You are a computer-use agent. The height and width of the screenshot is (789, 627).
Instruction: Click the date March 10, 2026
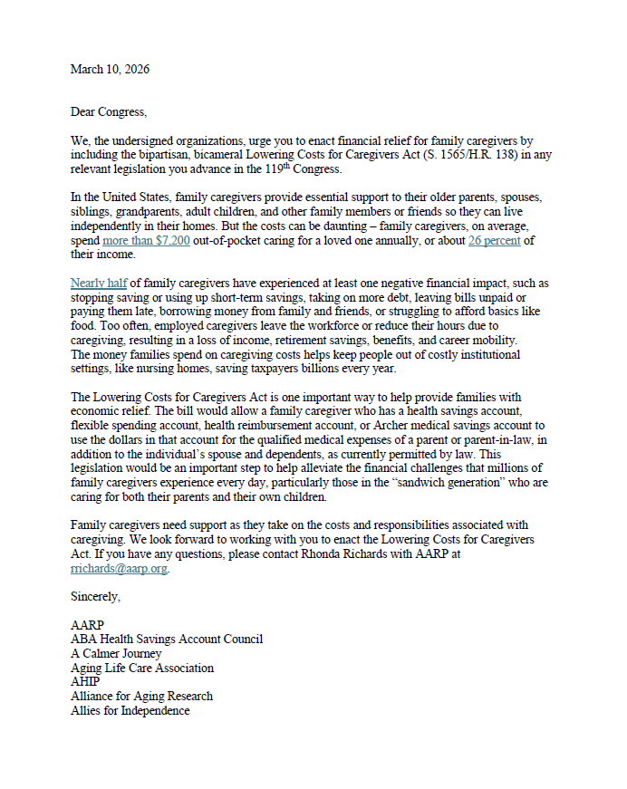tap(110, 70)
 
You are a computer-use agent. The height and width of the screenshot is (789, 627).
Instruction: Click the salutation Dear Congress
tap(108, 112)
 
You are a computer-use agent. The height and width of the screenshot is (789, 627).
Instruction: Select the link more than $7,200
tap(146, 240)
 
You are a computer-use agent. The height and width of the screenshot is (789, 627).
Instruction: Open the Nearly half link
tap(100, 284)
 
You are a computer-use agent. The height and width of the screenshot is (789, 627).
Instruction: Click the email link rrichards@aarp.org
tap(120, 568)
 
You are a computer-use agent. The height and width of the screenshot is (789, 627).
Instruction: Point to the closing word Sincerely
tap(95, 597)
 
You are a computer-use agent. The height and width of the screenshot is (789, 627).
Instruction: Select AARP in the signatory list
tap(87, 625)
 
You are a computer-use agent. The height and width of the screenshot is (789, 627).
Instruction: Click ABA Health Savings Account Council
tap(167, 640)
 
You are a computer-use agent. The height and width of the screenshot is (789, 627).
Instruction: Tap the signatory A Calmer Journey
tap(116, 653)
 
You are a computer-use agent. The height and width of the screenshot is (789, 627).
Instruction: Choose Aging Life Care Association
tap(142, 668)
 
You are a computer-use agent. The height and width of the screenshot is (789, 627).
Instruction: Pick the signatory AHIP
tap(85, 682)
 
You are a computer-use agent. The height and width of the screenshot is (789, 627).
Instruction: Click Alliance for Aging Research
tap(141, 696)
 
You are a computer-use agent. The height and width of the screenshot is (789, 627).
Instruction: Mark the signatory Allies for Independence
tap(130, 710)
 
